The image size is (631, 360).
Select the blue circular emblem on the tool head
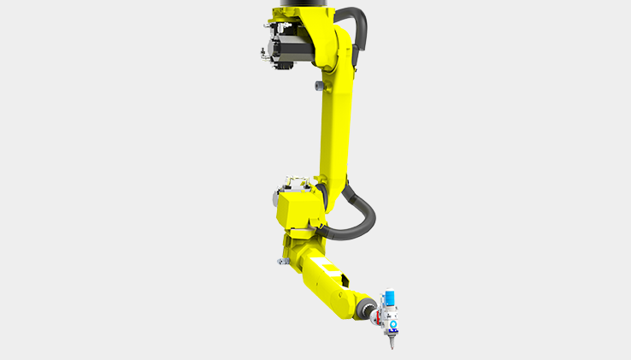[x=392, y=325]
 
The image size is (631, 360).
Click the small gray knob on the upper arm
[x=319, y=85]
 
